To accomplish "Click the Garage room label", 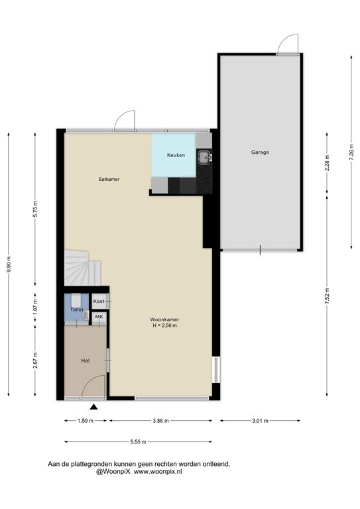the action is (x=260, y=152).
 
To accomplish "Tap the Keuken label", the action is (x=176, y=155).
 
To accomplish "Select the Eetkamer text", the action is (x=109, y=179).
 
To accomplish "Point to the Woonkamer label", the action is (x=164, y=319).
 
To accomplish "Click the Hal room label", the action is (x=86, y=361).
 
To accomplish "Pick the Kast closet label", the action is (x=99, y=302).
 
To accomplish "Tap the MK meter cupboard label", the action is (x=99, y=316).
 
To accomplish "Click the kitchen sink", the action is (x=204, y=158).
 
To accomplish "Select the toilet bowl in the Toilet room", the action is (x=76, y=301).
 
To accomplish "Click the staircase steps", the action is (x=82, y=268).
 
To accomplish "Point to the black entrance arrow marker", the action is (x=94, y=407).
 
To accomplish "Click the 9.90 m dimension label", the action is (x=9, y=264).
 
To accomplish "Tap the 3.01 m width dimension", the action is (x=261, y=421).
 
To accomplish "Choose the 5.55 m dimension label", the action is (x=138, y=441).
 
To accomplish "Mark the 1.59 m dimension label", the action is (x=86, y=421).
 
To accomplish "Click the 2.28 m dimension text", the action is (x=327, y=163).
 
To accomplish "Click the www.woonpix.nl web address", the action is (x=158, y=472).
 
